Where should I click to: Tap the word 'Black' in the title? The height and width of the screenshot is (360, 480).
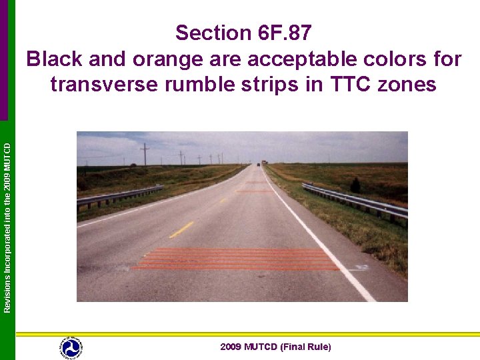[x=55, y=59]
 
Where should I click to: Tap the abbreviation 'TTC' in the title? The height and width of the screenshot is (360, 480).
[x=356, y=85]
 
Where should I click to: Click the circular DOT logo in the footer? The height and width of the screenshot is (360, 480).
[x=71, y=347]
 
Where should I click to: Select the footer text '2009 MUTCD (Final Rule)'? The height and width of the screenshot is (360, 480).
[x=275, y=347]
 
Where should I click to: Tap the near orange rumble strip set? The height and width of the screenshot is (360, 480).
[x=237, y=259]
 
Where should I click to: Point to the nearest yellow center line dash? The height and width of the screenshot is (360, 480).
[x=181, y=229]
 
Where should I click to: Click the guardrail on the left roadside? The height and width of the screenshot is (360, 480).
[x=120, y=195]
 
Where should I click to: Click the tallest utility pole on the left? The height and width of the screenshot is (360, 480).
[x=145, y=154]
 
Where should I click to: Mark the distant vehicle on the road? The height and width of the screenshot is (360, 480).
[x=258, y=163]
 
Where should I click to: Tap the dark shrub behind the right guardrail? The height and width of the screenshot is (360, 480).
[x=355, y=185]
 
